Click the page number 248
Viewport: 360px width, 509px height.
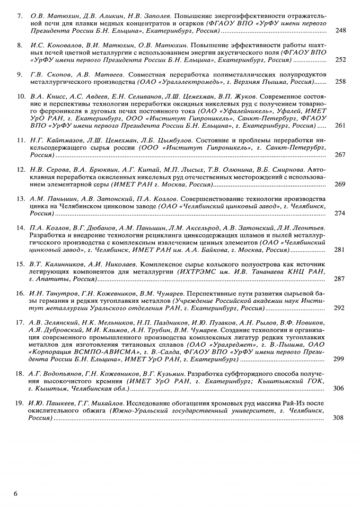[x=340, y=31]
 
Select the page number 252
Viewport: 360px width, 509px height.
[x=340, y=60]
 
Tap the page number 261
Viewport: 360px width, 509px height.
[x=340, y=126]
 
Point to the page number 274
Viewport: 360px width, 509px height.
[x=340, y=213]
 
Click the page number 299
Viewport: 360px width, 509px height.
[x=340, y=359]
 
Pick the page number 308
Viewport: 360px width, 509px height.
[x=340, y=418]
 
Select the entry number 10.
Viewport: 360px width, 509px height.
[x=21, y=96]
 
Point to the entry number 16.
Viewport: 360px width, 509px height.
[x=21, y=293]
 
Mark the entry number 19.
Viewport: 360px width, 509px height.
[x=21, y=403]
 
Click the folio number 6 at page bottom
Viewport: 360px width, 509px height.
[x=16, y=494]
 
